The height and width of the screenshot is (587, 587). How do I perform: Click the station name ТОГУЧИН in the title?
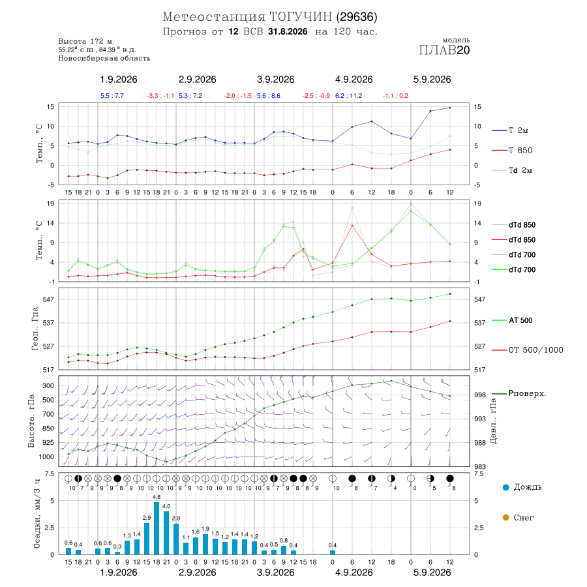[x=301, y=17]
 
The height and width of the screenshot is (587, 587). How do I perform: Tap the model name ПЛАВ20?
[x=444, y=50]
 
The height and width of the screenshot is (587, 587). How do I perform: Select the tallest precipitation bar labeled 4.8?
[x=157, y=528]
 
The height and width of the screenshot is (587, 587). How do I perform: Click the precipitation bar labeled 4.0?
[x=166, y=533]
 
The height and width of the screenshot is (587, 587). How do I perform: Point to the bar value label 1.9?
[x=205, y=528]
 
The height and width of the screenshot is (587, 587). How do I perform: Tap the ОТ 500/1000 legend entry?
[x=528, y=350]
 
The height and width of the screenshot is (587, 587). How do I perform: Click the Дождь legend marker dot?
[x=505, y=487]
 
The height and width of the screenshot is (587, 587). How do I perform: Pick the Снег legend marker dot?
[x=505, y=517]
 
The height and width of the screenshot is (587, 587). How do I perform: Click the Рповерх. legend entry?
[x=519, y=393]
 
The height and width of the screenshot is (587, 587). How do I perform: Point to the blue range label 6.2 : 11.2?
[x=348, y=96]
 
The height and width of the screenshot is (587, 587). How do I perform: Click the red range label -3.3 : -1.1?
[x=160, y=96]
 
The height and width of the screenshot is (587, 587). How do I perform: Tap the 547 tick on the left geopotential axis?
[x=49, y=299]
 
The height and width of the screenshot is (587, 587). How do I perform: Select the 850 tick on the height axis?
[x=48, y=429]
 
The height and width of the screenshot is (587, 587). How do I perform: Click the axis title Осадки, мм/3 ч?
[x=37, y=514]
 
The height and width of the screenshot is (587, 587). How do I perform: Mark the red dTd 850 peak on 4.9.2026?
[x=352, y=226]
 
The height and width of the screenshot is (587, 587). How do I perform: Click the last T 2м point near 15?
[x=450, y=108]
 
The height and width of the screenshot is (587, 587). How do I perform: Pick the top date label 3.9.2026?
[x=275, y=80]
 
